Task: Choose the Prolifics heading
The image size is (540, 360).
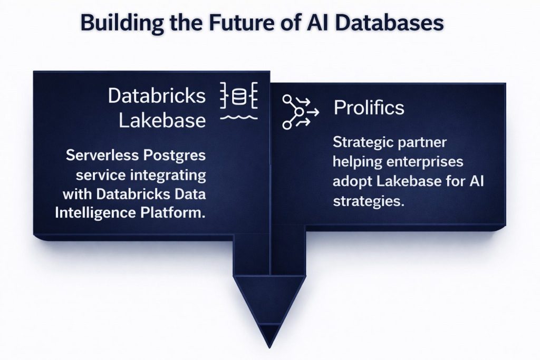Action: point(369,108)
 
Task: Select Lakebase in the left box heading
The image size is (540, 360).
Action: point(162,120)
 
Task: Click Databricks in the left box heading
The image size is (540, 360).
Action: point(157,96)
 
